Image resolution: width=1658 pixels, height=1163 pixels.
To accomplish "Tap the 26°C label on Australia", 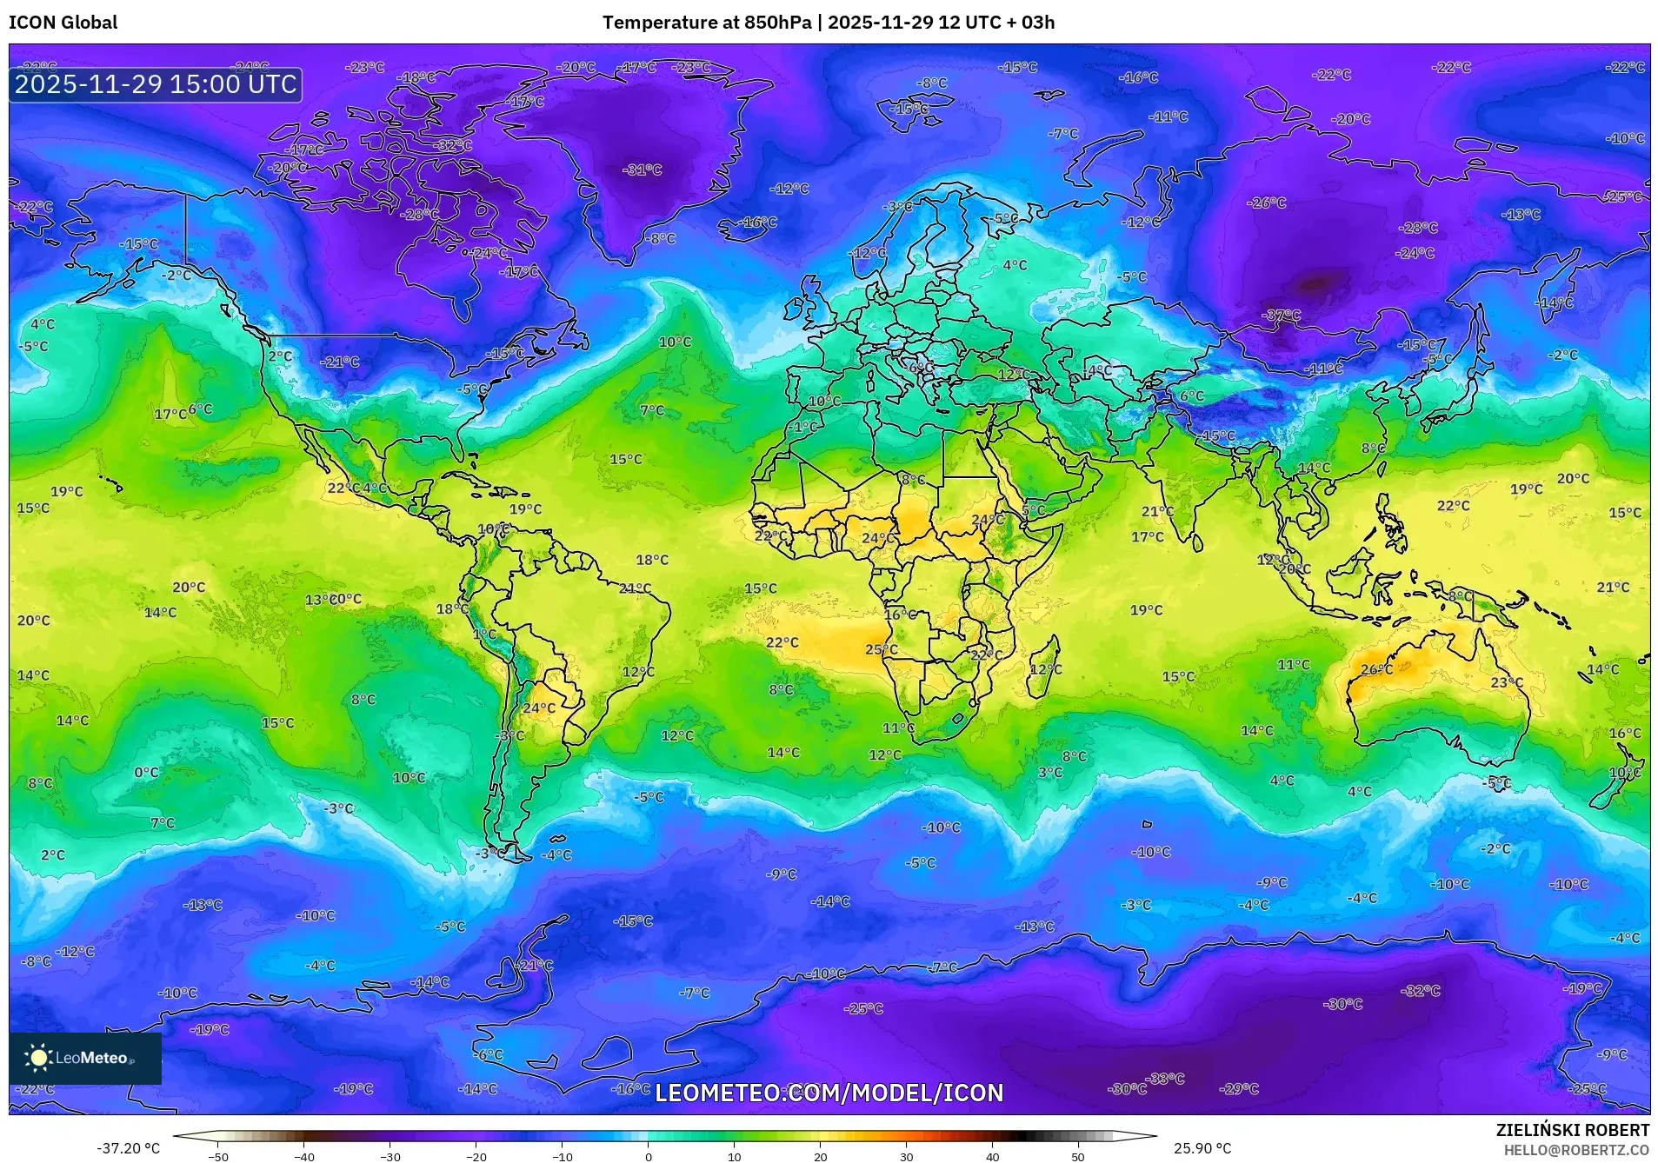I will (x=1376, y=669).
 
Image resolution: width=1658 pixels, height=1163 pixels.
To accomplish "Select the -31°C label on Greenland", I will (x=642, y=170).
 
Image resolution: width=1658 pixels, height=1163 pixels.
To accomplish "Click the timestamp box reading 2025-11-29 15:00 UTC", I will (x=156, y=84).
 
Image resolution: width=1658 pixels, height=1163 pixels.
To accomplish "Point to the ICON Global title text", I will (x=63, y=23).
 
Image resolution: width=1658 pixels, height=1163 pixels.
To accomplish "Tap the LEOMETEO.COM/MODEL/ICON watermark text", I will (x=829, y=1093).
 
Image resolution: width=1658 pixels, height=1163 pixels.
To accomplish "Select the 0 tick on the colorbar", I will (x=649, y=1156).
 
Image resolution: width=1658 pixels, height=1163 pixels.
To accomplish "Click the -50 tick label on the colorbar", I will (x=218, y=1156).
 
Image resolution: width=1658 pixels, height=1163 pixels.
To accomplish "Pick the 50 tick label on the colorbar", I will (x=1078, y=1156).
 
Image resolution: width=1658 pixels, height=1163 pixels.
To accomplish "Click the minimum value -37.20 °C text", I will (x=129, y=1148).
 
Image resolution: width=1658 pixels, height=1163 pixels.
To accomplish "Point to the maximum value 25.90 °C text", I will (x=1202, y=1148).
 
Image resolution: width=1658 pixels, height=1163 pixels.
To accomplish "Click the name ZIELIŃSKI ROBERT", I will (x=1572, y=1130).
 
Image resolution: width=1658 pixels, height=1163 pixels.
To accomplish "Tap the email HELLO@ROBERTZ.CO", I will (x=1576, y=1150).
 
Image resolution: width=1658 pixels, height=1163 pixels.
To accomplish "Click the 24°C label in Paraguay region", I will (x=538, y=708).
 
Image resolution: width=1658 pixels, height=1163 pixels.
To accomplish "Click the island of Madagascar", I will (x=1043, y=668).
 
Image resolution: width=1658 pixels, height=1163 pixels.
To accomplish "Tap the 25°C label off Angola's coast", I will (x=881, y=649).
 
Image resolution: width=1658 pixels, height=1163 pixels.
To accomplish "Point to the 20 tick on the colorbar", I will (x=820, y=1156).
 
